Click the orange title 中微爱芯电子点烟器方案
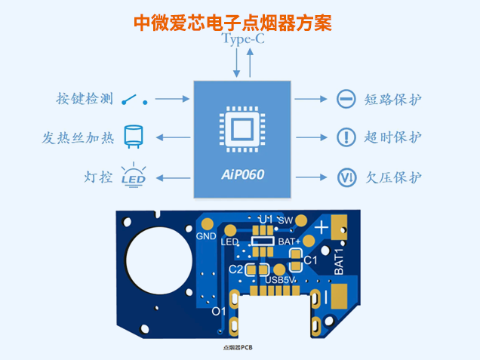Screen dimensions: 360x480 [x=232, y=23]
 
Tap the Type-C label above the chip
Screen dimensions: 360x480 [x=243, y=40]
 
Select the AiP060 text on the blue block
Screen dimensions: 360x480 [x=243, y=175]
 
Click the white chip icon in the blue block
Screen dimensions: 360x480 [x=242, y=130]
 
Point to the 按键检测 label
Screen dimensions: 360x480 [x=84, y=99]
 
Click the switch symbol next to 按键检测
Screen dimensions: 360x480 [x=134, y=99]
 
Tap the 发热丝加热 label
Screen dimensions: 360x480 [x=78, y=138]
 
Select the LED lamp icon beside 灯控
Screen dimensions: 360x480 [x=134, y=175]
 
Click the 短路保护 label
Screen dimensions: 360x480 [x=392, y=99]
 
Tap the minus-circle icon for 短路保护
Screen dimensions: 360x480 [x=346, y=99]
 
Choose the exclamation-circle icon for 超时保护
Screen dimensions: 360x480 [x=346, y=137]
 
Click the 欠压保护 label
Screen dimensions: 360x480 [x=392, y=178]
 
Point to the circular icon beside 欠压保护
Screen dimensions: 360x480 [x=346, y=178]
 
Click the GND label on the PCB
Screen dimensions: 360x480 [x=206, y=236]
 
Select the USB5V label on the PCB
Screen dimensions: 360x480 [x=281, y=280]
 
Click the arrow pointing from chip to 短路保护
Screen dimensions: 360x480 [x=307, y=99]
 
